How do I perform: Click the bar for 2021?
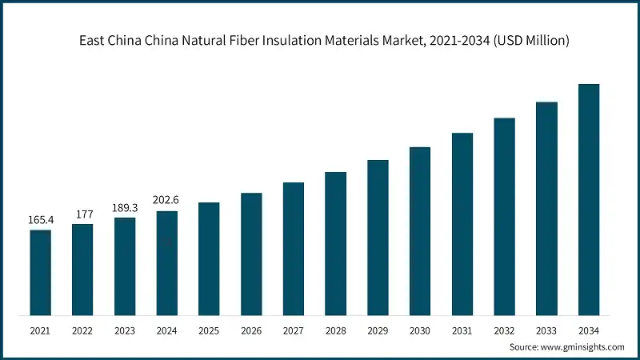(40, 272)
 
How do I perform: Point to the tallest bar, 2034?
(589, 199)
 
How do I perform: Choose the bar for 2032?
(504, 216)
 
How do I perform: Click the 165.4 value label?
(40, 219)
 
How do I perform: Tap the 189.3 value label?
(124, 207)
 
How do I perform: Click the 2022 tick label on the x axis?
(82, 330)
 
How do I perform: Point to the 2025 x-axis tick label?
(209, 330)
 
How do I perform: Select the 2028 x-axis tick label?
(335, 330)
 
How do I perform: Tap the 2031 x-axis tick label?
(462, 330)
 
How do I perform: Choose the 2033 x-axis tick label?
(546, 330)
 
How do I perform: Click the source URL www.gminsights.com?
(582, 347)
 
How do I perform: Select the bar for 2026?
(251, 254)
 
